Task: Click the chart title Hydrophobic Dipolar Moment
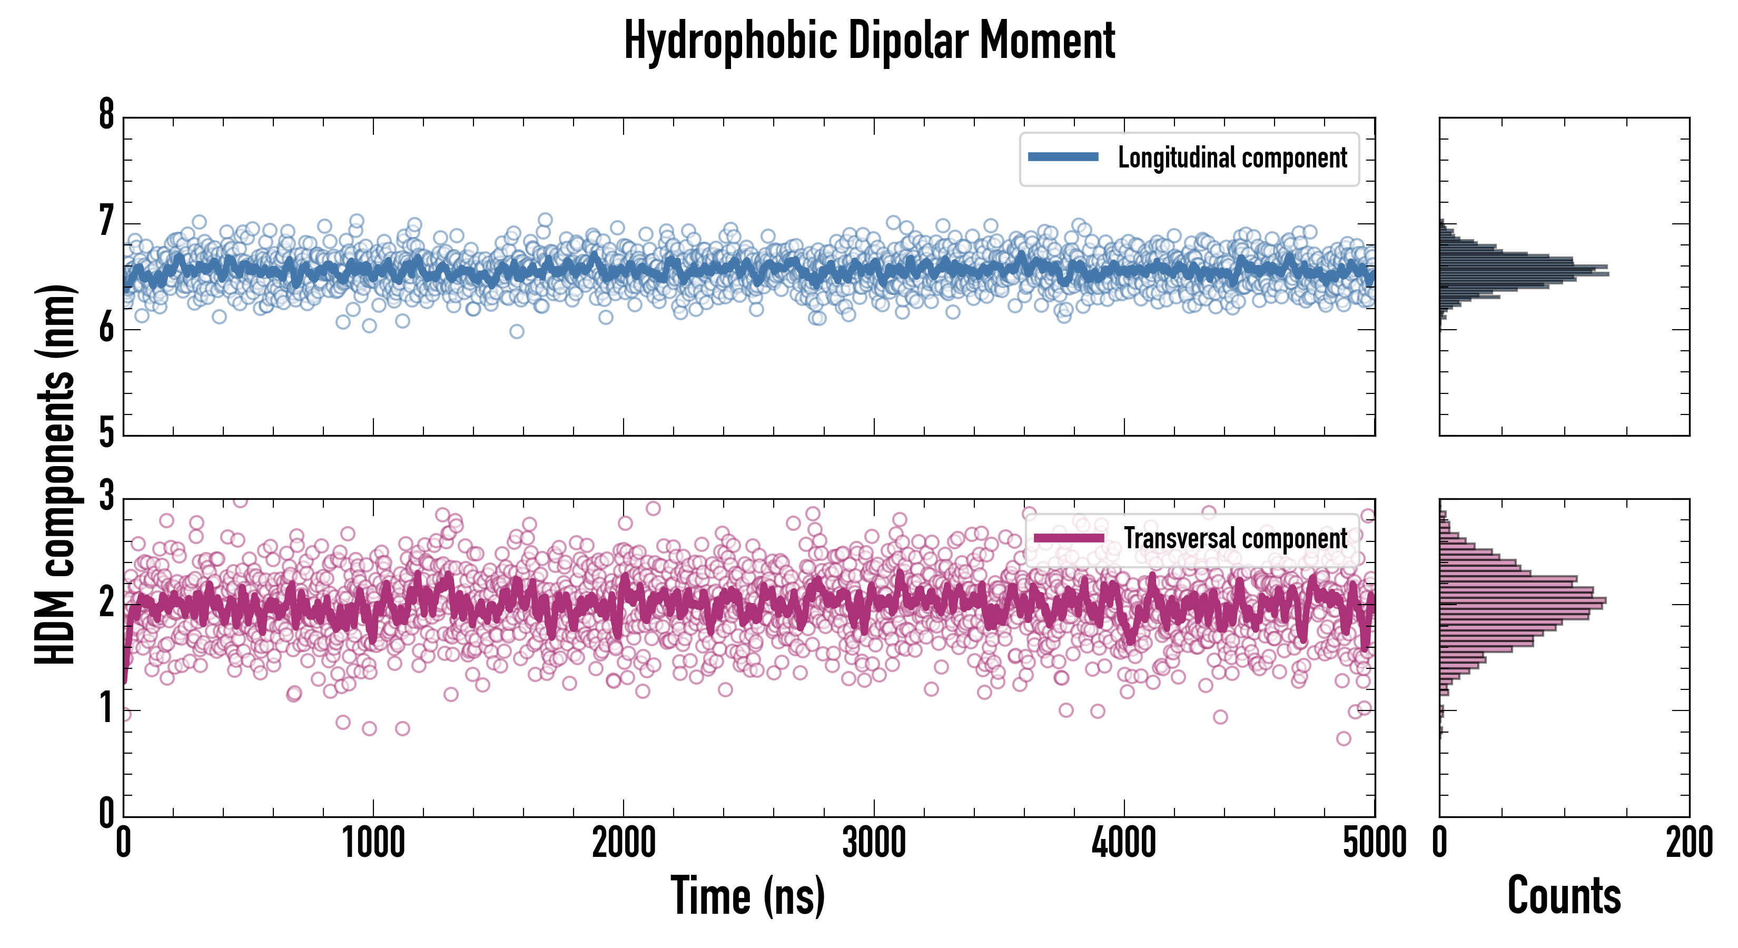[869, 42]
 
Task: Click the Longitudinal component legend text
[1232, 158]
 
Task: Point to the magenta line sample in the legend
[1069, 538]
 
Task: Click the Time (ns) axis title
[747, 896]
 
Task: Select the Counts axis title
[1564, 896]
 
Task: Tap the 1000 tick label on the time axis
[373, 843]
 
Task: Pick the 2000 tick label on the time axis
[624, 843]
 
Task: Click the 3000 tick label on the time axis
[874, 843]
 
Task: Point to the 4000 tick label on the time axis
[1124, 843]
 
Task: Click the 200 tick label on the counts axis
[1688, 843]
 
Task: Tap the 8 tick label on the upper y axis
[106, 115]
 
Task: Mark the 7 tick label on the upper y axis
[106, 221]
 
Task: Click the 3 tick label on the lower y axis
[106, 496]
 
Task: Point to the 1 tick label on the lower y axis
[106, 709]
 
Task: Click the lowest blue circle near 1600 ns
[517, 331]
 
